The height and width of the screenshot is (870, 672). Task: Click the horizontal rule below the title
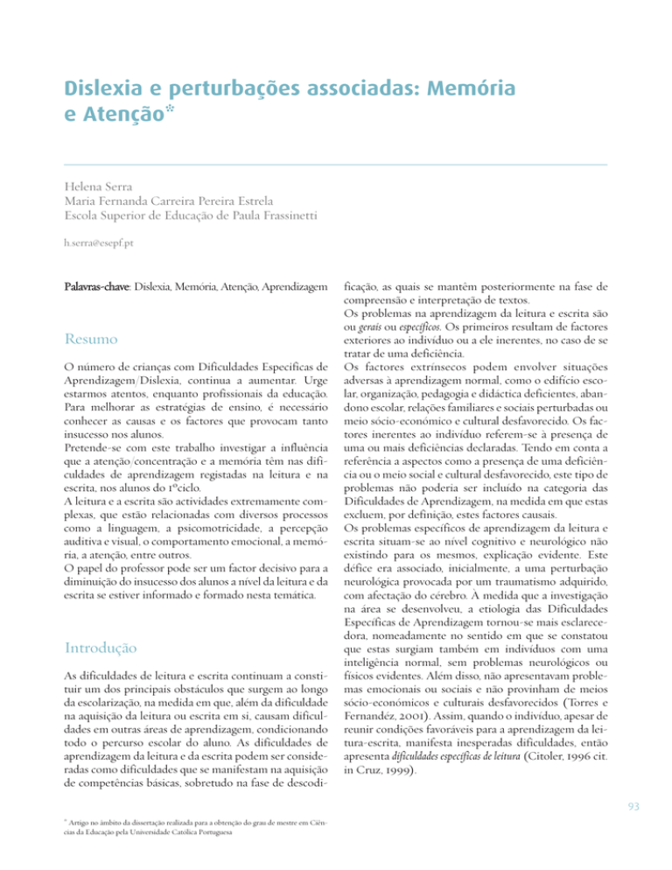tap(336, 164)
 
